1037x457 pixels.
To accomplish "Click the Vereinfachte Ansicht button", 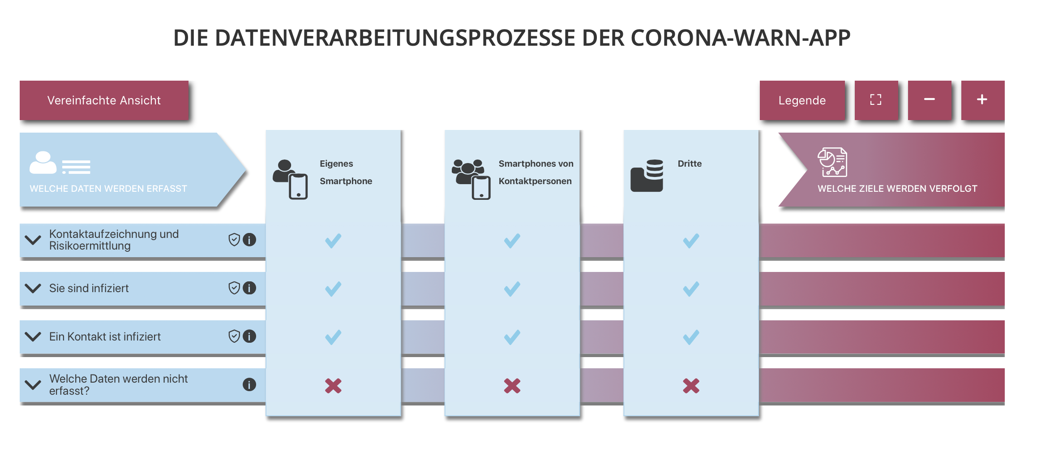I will click(104, 100).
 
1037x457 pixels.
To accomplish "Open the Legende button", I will click(802, 100).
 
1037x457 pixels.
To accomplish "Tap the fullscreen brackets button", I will click(876, 100).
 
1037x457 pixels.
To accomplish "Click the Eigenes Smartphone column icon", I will click(291, 180).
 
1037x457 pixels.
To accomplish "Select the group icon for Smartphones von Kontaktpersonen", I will click(471, 179).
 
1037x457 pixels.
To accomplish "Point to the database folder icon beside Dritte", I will click(647, 176).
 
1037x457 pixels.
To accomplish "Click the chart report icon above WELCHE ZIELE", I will click(832, 162).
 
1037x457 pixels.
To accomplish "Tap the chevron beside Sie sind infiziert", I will click(33, 288).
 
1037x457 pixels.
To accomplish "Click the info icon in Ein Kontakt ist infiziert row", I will click(249, 336).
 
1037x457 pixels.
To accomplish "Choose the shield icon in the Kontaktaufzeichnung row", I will click(234, 240).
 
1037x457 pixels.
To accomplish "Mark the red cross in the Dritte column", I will click(691, 386).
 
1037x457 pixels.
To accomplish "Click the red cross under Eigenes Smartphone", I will click(333, 386).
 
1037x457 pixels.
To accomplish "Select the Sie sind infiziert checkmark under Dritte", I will click(691, 289).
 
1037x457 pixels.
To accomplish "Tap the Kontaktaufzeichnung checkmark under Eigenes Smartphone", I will click(333, 241).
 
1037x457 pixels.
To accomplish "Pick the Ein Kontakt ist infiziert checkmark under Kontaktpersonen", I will click(512, 337).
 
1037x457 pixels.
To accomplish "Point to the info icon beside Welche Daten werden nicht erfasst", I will click(249, 384).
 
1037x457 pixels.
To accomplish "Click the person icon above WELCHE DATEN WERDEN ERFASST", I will click(43, 163).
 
